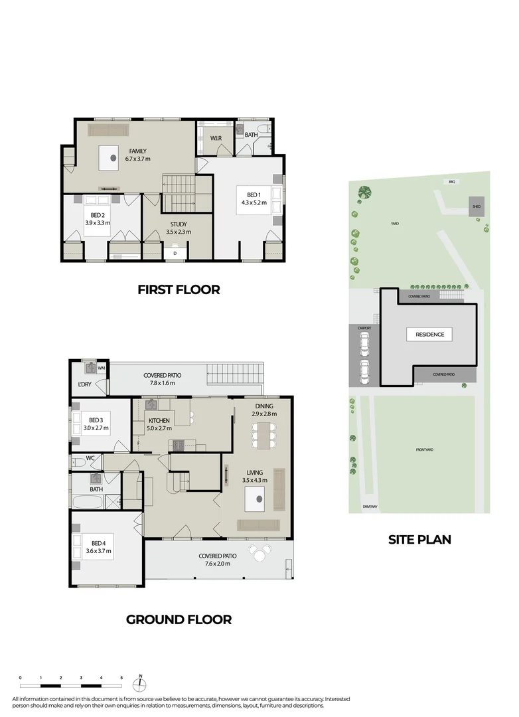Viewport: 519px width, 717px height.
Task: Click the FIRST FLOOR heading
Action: (178, 289)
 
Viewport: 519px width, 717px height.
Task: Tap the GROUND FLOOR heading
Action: (179, 619)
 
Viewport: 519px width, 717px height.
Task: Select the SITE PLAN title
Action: (419, 539)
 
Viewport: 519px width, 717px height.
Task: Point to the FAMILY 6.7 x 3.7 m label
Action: (138, 155)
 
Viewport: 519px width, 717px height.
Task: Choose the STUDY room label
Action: (178, 228)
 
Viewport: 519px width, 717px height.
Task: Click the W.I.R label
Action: (216, 138)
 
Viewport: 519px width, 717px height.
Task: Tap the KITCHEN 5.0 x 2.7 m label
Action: (159, 424)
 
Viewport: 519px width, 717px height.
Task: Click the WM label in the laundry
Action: (102, 367)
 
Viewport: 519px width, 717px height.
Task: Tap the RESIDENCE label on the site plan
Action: (429, 335)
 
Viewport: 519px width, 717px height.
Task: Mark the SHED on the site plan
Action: (476, 206)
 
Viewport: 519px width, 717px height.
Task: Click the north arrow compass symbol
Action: (141, 684)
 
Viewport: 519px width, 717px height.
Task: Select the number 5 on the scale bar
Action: (121, 678)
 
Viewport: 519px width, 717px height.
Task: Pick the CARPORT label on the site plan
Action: (364, 328)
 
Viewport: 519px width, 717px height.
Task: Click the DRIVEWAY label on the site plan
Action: (370, 507)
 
